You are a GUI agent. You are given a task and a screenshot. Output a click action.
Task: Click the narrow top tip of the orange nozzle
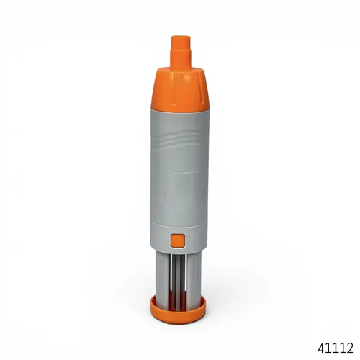[181, 42]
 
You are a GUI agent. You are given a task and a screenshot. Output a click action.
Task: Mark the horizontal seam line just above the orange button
[179, 225]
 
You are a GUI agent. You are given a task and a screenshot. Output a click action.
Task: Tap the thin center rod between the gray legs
[179, 279]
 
